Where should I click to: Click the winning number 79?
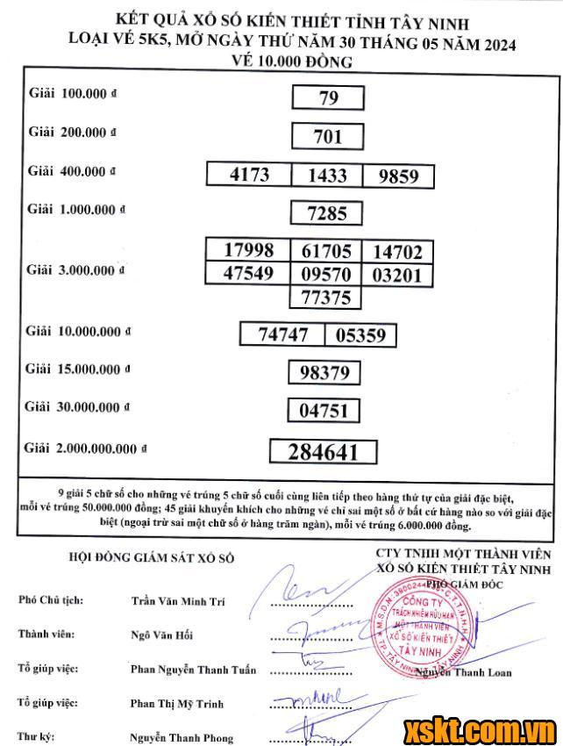pos(327,97)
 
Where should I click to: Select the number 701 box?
pos(327,136)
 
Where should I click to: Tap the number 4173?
pos(249,175)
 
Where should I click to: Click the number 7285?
pos(327,212)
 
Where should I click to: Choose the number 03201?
pos(397,276)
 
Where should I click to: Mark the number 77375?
pos(325,298)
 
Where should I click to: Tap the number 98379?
pos(324,373)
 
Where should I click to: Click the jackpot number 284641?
pos(324,452)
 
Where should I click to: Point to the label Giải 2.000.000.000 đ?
pos(86,448)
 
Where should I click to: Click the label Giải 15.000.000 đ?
pos(78,369)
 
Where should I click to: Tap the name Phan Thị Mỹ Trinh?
pos(176,703)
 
